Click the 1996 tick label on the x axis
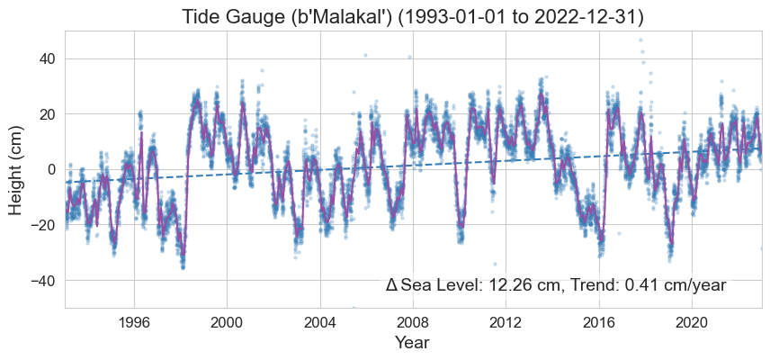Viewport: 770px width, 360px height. pyautogui.click(x=134, y=322)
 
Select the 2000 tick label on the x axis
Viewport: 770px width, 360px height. pyautogui.click(x=227, y=322)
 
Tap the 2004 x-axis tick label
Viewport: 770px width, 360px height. pyautogui.click(x=320, y=322)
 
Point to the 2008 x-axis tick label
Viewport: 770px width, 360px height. pyautogui.click(x=413, y=322)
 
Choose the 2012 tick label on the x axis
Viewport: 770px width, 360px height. pyautogui.click(x=506, y=322)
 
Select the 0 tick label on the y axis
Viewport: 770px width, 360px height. pyautogui.click(x=51, y=169)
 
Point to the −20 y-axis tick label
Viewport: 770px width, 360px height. pyautogui.click(x=40, y=225)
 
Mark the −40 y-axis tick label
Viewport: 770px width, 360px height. pyautogui.click(x=40, y=281)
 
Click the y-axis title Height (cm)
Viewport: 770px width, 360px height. pyautogui.click(x=17, y=169)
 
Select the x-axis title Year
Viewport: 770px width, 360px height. pyautogui.click(x=413, y=343)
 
